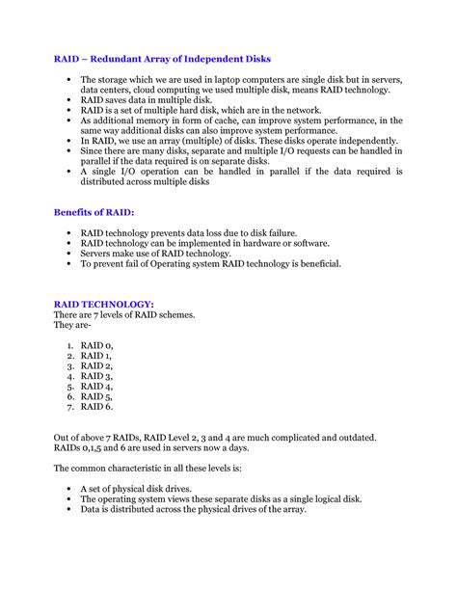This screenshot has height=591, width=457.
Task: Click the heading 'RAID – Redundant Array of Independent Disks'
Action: click(x=162, y=59)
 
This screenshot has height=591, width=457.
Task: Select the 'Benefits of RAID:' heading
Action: click(x=94, y=211)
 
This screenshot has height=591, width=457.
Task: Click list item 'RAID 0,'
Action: click(x=97, y=344)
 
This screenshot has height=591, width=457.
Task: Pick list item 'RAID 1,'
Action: click(x=97, y=355)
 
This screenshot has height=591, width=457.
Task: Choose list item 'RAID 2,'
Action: click(x=97, y=365)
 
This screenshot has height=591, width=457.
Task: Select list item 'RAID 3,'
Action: click(x=97, y=376)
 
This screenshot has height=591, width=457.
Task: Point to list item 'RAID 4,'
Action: click(x=97, y=387)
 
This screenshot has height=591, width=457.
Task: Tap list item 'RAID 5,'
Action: click(x=97, y=396)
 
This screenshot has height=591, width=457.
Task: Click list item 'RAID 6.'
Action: click(x=97, y=407)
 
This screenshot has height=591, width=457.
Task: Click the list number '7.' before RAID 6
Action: click(x=70, y=407)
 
